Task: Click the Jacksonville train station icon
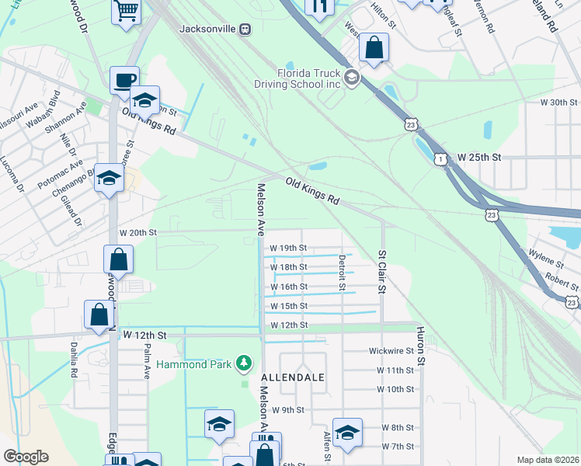[x=245, y=29]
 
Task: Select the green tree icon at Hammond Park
[x=245, y=363]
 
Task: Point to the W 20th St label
[x=138, y=232]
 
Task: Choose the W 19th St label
[x=288, y=248]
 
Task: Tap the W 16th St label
[x=288, y=287]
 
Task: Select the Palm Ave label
[x=146, y=361]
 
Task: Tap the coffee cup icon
[x=124, y=79]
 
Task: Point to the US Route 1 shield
[x=440, y=158]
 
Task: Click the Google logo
[x=26, y=457]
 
